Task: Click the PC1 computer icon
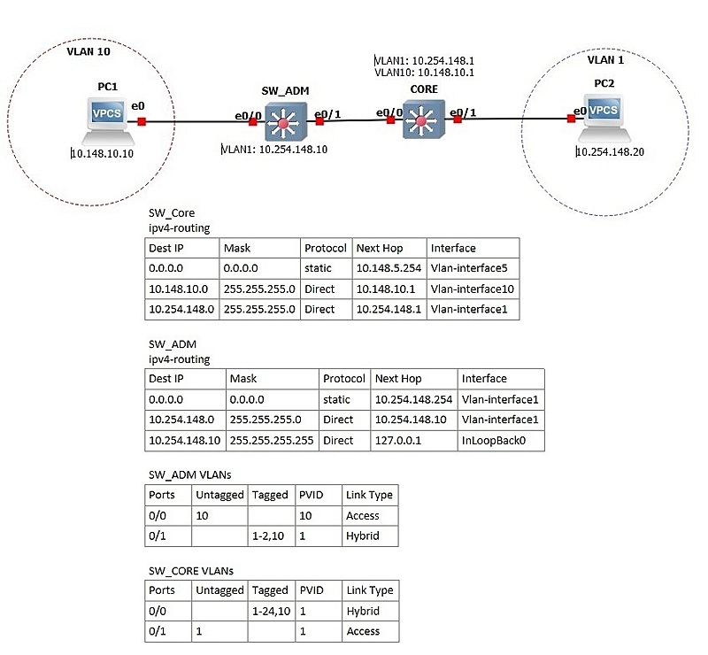[x=107, y=119]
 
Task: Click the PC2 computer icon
[x=604, y=118]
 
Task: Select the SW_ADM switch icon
[x=285, y=121]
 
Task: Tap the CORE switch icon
[x=424, y=119]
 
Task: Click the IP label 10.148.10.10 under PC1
[x=103, y=154]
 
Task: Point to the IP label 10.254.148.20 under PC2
[x=610, y=151]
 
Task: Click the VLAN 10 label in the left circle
[x=88, y=51]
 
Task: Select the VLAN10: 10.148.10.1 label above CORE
[x=425, y=73]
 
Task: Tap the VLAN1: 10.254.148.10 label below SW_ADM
[x=274, y=149]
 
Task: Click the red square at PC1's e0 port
[x=142, y=121]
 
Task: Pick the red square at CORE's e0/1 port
[x=458, y=119]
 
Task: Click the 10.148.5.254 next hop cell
[x=389, y=268]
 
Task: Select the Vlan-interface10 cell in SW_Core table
[x=473, y=289]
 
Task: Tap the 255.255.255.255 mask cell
[x=272, y=441]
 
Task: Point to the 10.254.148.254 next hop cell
[x=413, y=399]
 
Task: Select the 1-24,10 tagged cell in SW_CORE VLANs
[x=272, y=611]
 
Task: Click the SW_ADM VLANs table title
[x=190, y=474]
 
